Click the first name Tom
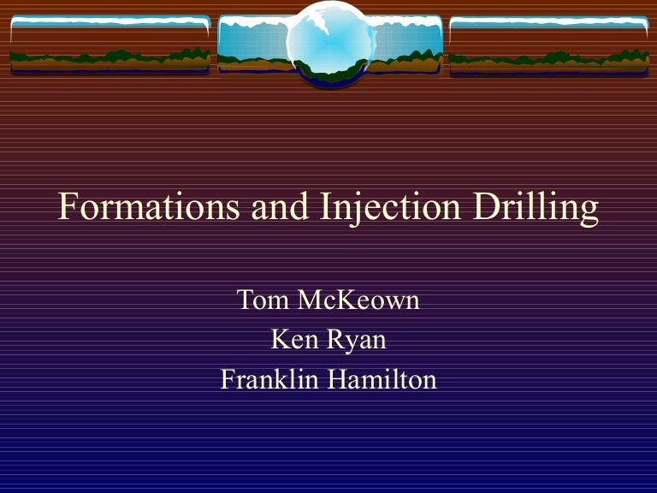coord(259,300)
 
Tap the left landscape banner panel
coord(109,45)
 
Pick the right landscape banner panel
coord(548,45)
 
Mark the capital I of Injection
coord(326,208)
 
